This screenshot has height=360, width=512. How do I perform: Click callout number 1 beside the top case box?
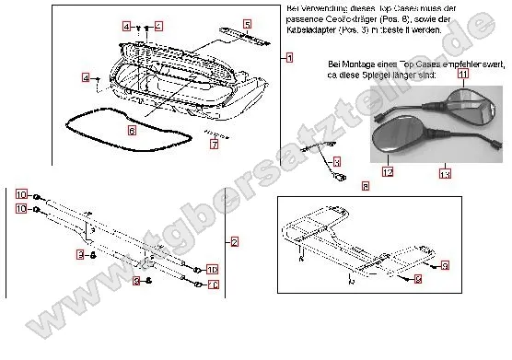(x=289, y=57)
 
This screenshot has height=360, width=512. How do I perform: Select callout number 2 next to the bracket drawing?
(x=234, y=241)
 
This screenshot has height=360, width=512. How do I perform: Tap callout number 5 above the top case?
(x=247, y=23)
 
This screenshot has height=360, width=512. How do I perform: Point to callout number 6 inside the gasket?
(x=132, y=132)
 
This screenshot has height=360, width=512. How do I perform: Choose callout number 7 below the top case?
(x=213, y=145)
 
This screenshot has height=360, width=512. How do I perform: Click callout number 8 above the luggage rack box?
(x=366, y=186)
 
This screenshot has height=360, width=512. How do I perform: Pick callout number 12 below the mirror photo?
(x=388, y=171)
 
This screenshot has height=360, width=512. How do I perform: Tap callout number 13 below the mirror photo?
(x=446, y=173)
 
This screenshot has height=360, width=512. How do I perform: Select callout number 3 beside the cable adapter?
(x=336, y=161)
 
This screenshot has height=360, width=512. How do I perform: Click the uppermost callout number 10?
(x=20, y=194)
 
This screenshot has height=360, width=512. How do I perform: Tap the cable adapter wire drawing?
(x=324, y=152)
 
